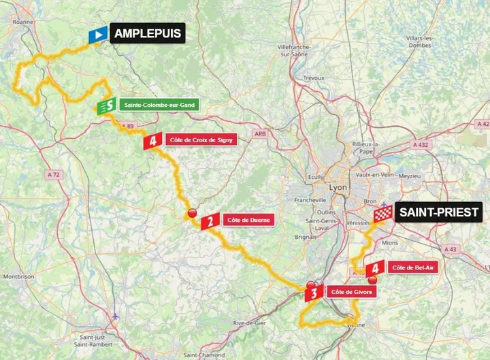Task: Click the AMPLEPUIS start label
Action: (x=147, y=33)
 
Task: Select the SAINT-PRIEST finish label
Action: (x=439, y=212)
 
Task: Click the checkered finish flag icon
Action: (x=383, y=214)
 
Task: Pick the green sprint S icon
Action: (x=105, y=106)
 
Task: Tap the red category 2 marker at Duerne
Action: (x=211, y=220)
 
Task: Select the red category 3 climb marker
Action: (x=313, y=294)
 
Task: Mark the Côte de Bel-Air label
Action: (x=414, y=267)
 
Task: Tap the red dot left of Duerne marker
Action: (x=193, y=213)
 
